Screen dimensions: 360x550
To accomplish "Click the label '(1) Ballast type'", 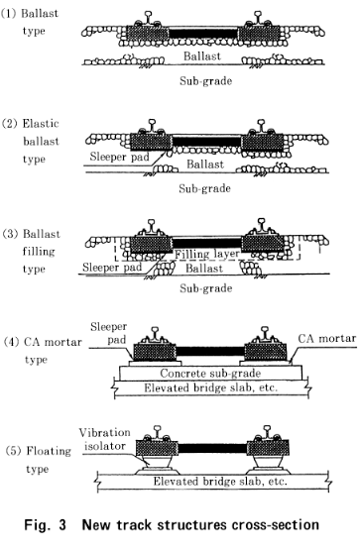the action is click(x=30, y=22).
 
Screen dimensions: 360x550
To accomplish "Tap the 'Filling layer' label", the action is click(x=207, y=254).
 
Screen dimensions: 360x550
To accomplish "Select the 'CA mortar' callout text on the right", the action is click(x=327, y=339).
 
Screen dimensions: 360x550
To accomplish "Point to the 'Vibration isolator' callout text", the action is click(x=104, y=439).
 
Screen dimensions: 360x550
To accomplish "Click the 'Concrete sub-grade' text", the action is click(x=210, y=374).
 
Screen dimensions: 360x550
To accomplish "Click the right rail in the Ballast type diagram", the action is click(x=259, y=18).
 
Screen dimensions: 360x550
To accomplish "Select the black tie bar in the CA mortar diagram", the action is click(x=210, y=351).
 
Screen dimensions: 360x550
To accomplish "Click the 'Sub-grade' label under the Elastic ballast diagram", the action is click(x=205, y=188).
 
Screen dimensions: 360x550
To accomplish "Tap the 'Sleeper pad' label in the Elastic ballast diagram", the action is click(x=119, y=157).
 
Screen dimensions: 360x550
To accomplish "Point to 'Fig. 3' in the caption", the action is click(x=45, y=525).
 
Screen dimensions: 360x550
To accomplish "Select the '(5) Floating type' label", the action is click(x=39, y=460).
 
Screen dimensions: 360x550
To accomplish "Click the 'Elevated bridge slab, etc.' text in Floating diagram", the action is click(x=220, y=481).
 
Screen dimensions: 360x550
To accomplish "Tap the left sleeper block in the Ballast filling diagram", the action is click(x=151, y=245).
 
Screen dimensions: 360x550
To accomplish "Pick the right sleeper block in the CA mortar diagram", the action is click(x=266, y=352).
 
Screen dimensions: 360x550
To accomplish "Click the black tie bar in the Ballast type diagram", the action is click(x=203, y=34).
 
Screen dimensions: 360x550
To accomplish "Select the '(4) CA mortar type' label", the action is click(x=43, y=350).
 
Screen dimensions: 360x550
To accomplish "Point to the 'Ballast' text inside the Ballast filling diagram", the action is click(x=204, y=269).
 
